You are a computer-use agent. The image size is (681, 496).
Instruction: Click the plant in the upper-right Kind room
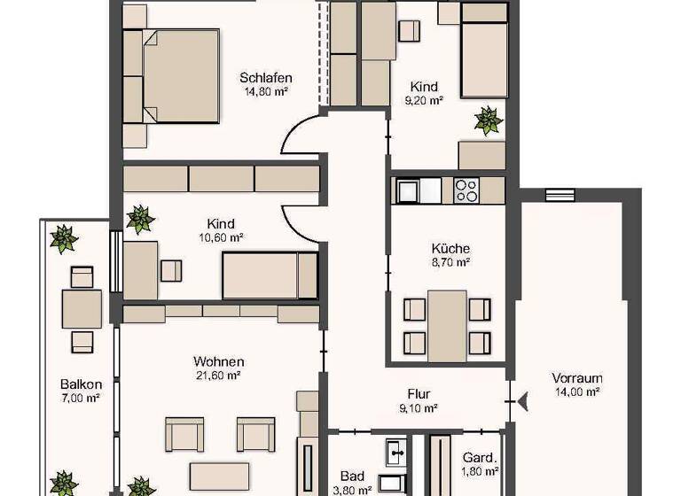[x=488, y=120]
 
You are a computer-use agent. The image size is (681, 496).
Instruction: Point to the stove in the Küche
[x=466, y=190]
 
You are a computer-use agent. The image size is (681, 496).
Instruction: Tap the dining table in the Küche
[x=447, y=325]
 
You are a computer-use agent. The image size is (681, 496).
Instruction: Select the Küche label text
[x=450, y=249]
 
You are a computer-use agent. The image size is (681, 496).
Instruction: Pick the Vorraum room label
[x=576, y=377]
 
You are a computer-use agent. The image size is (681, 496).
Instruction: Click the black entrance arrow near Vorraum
[x=524, y=402]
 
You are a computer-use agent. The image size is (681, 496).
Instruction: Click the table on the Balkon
[x=82, y=309]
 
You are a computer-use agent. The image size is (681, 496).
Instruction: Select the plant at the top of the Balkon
[x=63, y=238]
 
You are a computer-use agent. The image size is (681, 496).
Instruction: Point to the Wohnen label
[x=218, y=361]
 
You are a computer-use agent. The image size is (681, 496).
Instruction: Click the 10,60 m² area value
[x=220, y=237]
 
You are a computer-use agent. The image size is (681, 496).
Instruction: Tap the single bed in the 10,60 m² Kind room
[x=270, y=275]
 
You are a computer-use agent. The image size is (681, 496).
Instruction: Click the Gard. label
[x=479, y=458]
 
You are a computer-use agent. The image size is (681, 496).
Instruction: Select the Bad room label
[x=352, y=476]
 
